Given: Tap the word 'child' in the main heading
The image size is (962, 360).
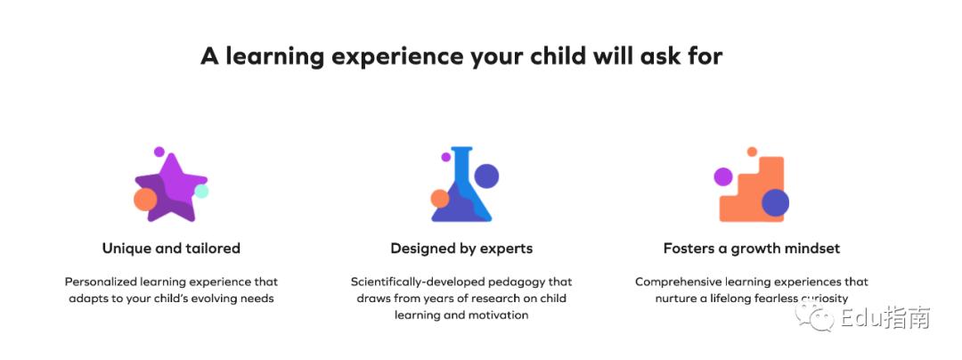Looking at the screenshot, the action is (x=556, y=56).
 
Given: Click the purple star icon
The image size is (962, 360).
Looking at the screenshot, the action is (x=171, y=188).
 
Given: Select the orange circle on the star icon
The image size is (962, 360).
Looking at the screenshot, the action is (x=145, y=200).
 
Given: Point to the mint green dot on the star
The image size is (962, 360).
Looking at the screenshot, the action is (x=201, y=192).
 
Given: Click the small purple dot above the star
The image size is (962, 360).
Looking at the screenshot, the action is (x=159, y=151).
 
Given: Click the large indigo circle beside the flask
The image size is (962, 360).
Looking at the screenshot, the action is (x=486, y=176).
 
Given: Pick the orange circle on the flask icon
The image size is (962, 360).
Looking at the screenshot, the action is (x=440, y=199).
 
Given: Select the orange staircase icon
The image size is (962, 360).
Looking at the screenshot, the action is (x=752, y=190).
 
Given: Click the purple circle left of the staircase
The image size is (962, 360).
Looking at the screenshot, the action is (x=723, y=176).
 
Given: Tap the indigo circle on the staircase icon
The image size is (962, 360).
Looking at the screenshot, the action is (x=776, y=202).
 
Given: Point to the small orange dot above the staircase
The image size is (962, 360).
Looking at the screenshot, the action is (x=752, y=151).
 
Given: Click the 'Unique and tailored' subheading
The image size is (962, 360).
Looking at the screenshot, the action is (x=171, y=249).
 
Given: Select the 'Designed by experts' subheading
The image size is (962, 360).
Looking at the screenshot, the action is (x=461, y=249).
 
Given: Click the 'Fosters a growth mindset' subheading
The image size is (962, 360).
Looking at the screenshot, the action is (x=752, y=249).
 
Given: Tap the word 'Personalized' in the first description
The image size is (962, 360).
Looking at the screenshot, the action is (x=101, y=282).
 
